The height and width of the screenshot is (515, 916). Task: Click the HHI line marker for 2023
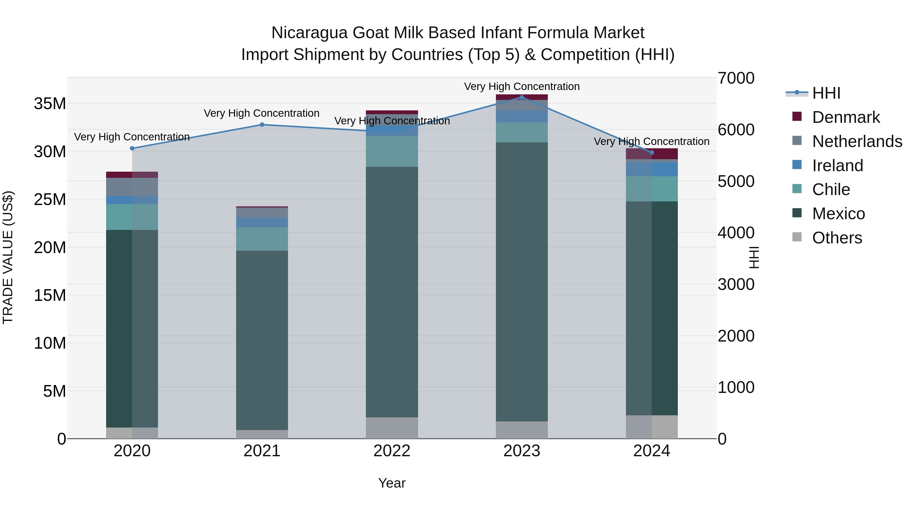[522, 97]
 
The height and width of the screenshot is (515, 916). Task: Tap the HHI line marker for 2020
[132, 148]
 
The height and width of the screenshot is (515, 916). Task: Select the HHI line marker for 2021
[262, 124]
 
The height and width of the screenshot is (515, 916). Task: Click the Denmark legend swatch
[797, 116]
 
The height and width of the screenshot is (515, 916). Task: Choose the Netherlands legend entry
[857, 141]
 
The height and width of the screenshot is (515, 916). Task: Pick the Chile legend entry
[831, 189]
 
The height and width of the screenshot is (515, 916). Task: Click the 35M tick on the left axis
[50, 104]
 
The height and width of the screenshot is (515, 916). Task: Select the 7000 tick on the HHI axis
[736, 78]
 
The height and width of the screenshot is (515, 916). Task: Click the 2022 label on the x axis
[392, 451]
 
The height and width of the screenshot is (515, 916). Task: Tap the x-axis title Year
[392, 483]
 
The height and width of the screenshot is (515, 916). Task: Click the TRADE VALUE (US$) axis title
[8, 257]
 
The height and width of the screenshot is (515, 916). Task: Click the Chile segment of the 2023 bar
[522, 132]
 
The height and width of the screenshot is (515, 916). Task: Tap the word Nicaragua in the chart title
[309, 33]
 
